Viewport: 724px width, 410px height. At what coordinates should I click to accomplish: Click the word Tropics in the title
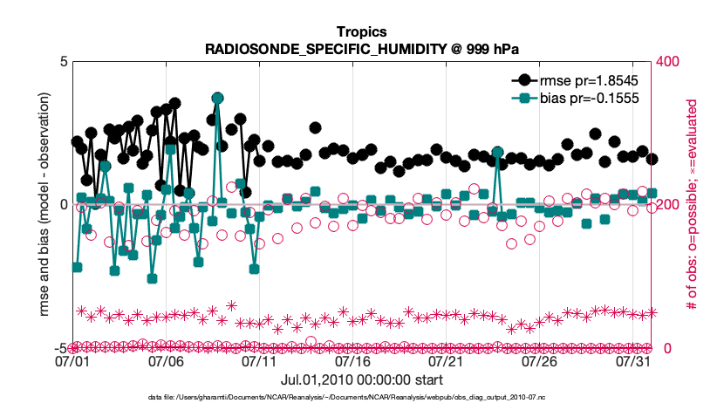pos(361,32)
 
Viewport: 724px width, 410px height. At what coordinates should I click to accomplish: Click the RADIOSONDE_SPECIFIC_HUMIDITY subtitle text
pos(361,49)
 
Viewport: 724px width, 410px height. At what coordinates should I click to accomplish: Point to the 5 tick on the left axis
pos(63,62)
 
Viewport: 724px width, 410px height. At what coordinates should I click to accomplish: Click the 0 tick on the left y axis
pos(63,204)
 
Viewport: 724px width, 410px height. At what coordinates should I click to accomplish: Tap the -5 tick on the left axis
pos(59,347)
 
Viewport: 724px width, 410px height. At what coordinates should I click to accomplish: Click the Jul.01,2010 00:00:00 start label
pos(361,380)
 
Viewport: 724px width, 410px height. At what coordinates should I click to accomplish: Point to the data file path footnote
pos(361,397)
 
